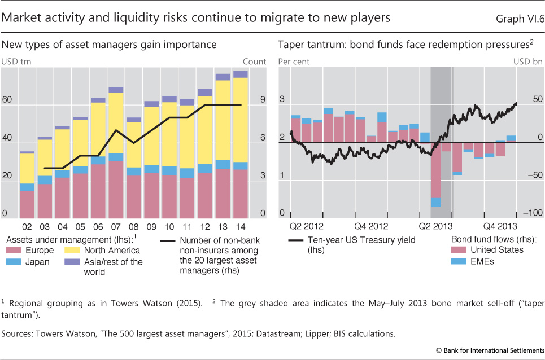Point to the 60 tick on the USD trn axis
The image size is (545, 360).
(8, 100)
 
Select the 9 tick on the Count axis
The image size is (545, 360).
(262, 100)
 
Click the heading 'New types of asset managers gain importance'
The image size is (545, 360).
(110, 44)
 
